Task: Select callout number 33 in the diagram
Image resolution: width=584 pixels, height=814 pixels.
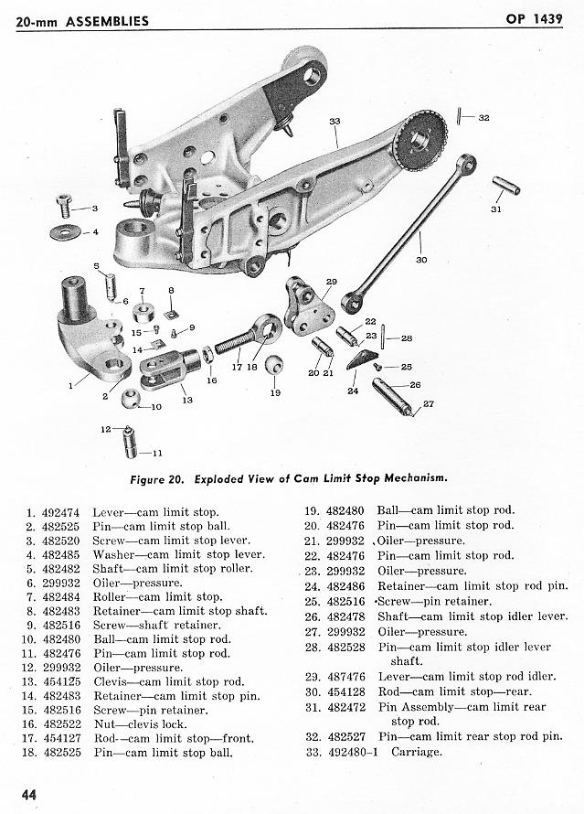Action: click(x=334, y=121)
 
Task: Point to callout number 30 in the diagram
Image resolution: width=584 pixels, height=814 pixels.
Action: click(x=421, y=260)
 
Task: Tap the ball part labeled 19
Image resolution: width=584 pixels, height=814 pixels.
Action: click(x=273, y=365)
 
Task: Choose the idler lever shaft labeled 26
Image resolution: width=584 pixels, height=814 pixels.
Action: click(x=391, y=394)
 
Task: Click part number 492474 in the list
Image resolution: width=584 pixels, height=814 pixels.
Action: click(x=61, y=512)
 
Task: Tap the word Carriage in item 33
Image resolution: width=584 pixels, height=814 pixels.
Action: click(x=417, y=752)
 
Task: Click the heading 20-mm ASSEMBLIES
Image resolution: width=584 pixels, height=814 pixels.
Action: click(x=82, y=19)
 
